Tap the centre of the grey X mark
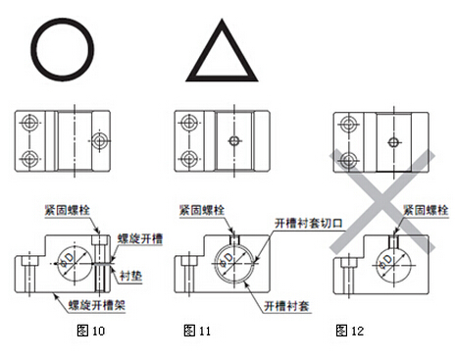tap(381, 201)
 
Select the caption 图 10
tap(91, 331)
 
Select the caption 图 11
tap(197, 331)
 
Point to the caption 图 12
tap(350, 331)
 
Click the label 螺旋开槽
tap(140, 238)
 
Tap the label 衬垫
tap(130, 276)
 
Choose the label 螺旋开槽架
tap(96, 305)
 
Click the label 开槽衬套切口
tap(309, 224)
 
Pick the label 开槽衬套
tap(286, 306)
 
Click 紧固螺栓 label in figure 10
tap(68, 210)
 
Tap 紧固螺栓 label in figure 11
tap(202, 210)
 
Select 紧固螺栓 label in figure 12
tap(426, 210)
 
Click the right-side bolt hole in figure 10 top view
tap(99, 140)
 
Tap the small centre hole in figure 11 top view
tap(234, 141)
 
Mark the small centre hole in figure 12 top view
tap(393, 142)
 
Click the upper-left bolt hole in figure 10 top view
tap(29, 123)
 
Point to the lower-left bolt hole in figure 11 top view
tap(188, 159)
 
